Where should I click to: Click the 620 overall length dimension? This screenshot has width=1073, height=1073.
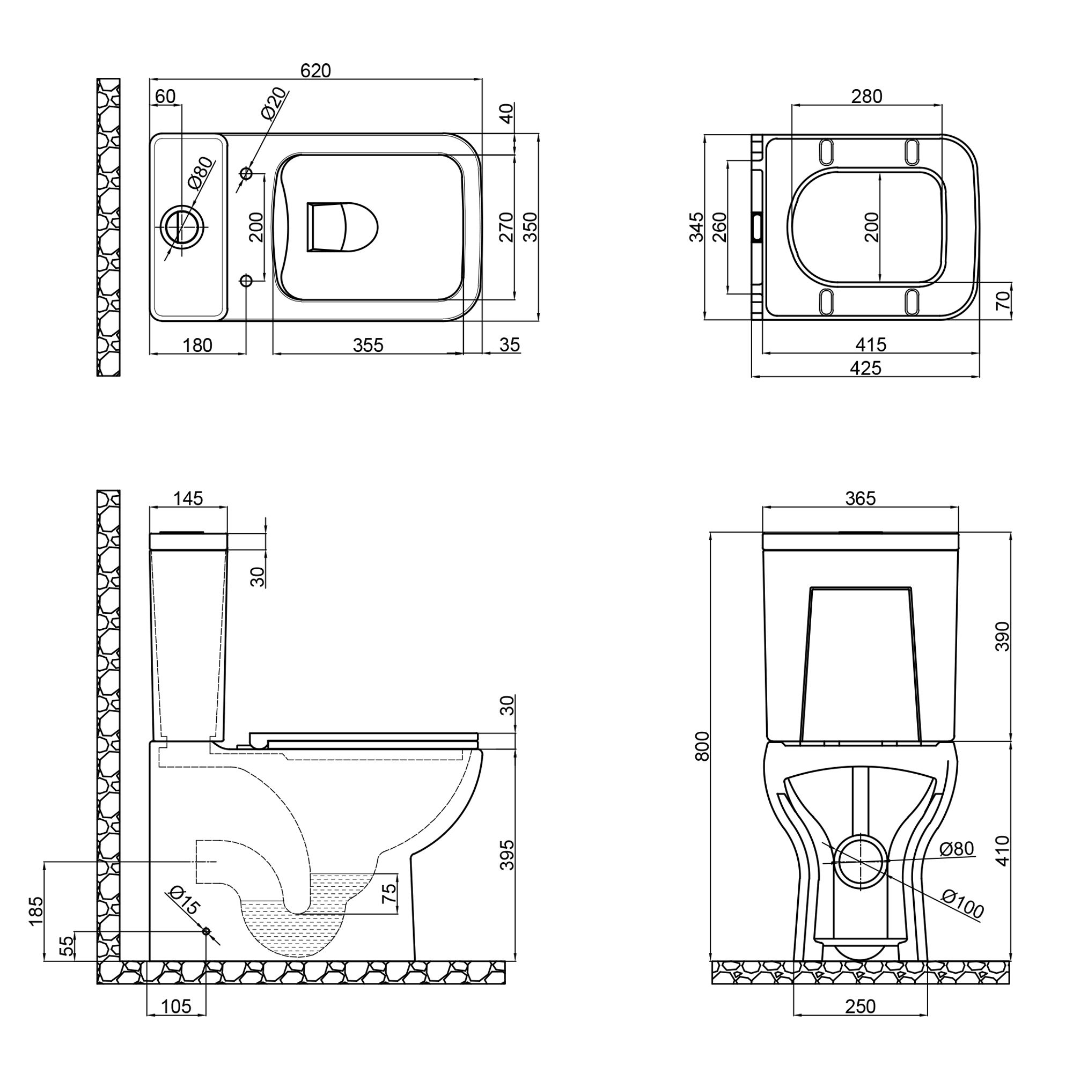pos(315,70)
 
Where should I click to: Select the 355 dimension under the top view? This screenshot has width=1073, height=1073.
pos(368,345)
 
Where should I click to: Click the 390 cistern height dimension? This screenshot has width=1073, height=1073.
pos(1003,636)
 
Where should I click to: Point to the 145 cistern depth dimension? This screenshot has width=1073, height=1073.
pos(188,498)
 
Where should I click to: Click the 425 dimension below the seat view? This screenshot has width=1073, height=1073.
pos(866,368)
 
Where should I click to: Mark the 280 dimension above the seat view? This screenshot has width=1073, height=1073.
pos(867,96)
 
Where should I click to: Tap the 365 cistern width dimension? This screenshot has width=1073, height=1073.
pos(861,498)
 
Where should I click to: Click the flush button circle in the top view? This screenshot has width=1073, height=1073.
pos(183,227)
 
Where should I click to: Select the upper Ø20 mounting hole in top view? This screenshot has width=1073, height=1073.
pos(246,174)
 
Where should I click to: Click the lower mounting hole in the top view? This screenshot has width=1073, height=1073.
pos(246,281)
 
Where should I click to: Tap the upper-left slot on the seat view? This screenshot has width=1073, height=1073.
pos(827,152)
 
